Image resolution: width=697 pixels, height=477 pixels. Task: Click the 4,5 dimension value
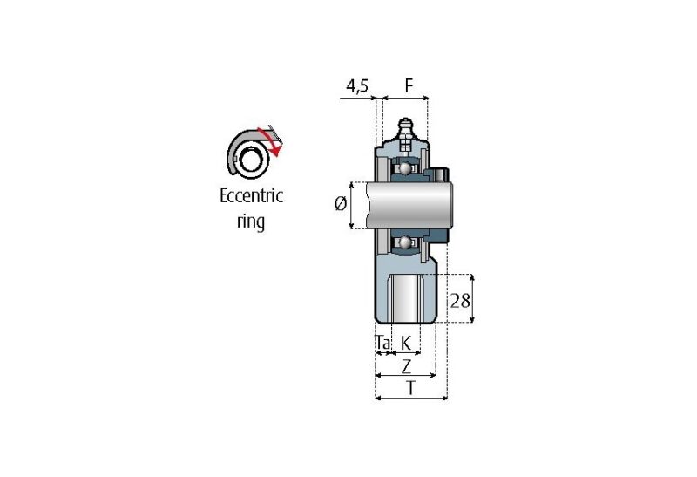point(358,86)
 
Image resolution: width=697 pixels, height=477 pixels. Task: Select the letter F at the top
point(409,86)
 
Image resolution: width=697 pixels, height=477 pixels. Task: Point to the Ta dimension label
point(382,344)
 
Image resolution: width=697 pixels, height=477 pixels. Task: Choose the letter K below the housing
point(405,344)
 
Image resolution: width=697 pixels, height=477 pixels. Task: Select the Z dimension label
point(406,366)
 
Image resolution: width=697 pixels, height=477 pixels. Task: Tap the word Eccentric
point(251,196)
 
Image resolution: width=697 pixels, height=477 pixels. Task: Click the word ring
point(251,221)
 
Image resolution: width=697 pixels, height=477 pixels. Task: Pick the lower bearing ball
point(405,242)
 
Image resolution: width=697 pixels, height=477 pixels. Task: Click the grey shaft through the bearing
point(409,205)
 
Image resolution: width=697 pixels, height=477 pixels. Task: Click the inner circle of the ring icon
point(252,160)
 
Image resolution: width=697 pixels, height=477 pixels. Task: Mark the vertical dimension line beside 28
point(473,298)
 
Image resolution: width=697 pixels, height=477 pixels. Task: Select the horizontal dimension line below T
point(410,399)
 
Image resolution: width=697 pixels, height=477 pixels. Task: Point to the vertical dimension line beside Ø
point(352,205)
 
